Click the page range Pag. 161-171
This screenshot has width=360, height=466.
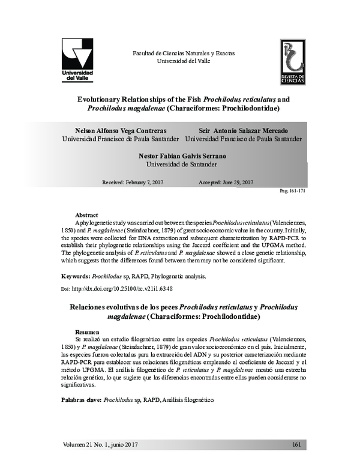(293, 190)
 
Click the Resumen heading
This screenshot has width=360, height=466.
(88, 331)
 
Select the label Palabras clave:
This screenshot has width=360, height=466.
(83, 399)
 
